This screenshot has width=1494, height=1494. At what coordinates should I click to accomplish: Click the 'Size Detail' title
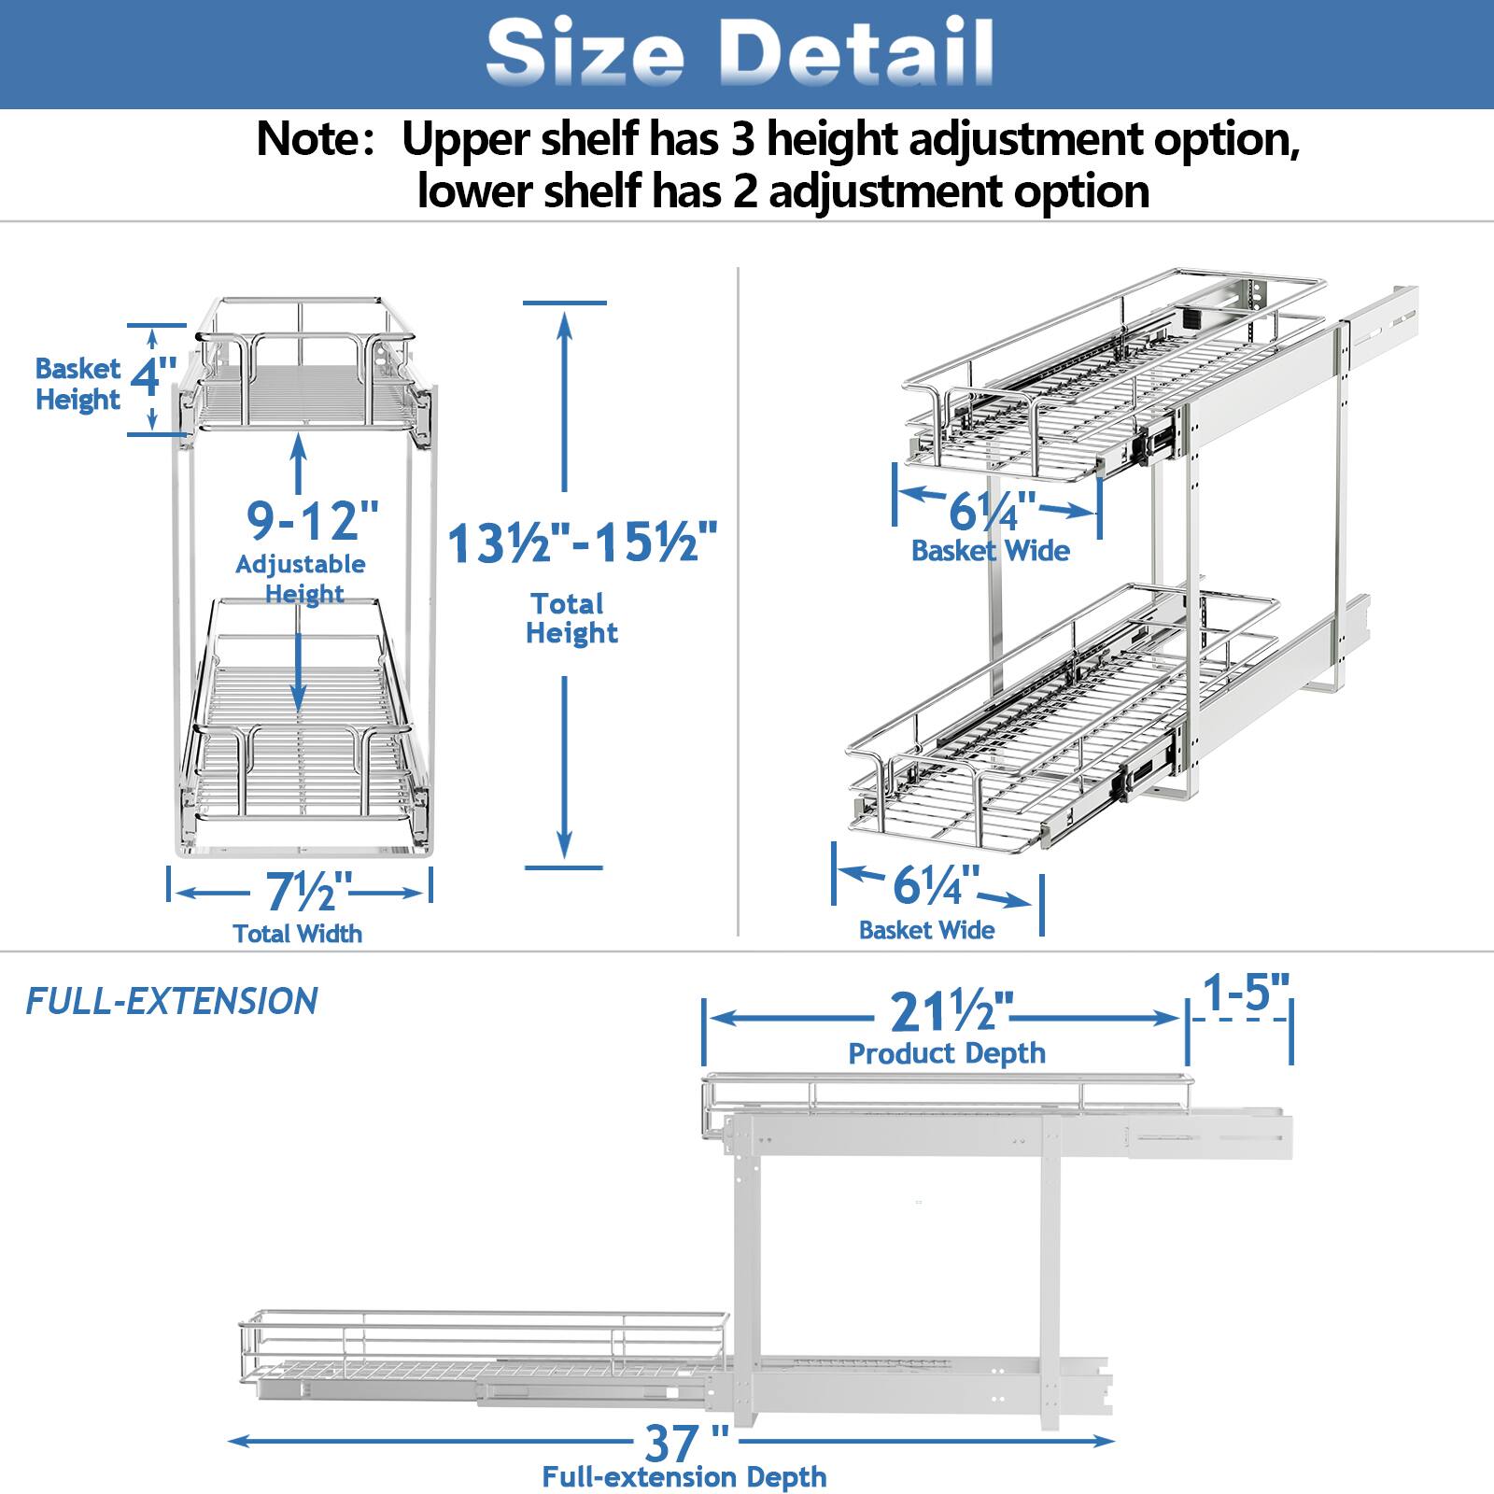[740, 52]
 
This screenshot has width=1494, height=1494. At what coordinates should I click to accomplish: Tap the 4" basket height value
[153, 378]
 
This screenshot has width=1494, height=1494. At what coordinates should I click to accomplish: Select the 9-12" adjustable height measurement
[313, 520]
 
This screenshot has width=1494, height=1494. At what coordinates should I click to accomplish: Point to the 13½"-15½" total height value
[583, 543]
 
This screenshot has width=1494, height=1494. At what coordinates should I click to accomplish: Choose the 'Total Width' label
[297, 934]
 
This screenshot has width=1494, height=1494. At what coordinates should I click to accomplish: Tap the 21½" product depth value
[951, 1012]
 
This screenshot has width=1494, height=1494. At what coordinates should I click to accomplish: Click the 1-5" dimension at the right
[1246, 993]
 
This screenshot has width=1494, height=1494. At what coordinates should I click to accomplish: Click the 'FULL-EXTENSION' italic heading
[172, 1002]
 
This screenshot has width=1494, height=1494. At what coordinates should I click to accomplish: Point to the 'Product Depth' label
[946, 1053]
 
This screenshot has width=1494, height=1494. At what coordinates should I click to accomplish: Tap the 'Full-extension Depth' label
[684, 1477]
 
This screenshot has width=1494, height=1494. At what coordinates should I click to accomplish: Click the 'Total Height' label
[571, 618]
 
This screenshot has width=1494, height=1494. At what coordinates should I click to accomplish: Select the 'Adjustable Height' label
[301, 579]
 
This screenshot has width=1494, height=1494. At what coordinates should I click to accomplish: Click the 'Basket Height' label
[78, 384]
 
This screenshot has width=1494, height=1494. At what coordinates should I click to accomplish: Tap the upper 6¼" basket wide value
[992, 512]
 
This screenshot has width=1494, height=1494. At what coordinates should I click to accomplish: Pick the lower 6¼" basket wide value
[936, 885]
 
